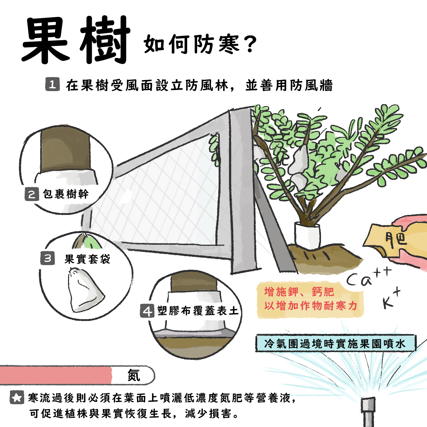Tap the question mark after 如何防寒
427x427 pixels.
250,44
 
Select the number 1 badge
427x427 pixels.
52,85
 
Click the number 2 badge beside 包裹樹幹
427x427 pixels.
32,194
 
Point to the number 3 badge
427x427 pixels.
48,258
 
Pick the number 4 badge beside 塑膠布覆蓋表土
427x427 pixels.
147,311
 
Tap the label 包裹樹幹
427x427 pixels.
66,194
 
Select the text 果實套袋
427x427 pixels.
88,259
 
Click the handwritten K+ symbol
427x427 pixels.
391,299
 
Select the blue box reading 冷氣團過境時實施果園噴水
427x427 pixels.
335,343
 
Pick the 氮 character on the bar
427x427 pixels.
134,375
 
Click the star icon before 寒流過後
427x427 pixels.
16,397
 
